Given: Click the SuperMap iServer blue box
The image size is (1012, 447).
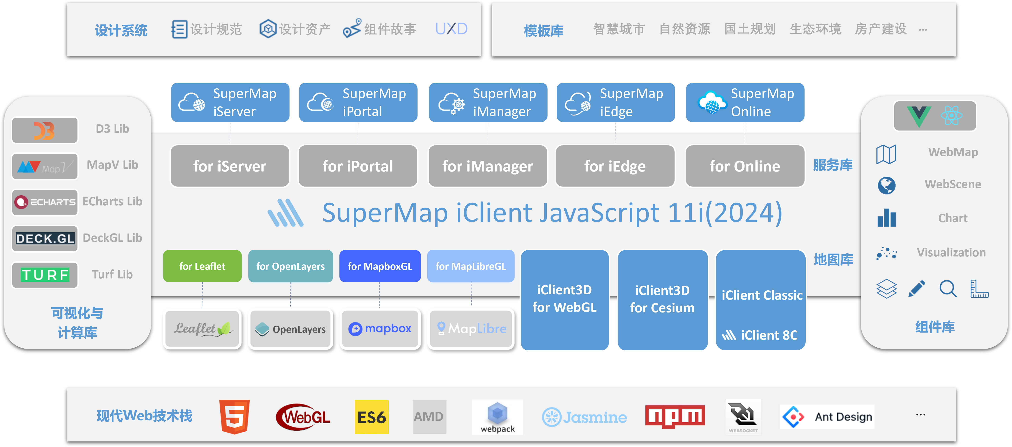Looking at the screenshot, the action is pyautogui.click(x=230, y=103).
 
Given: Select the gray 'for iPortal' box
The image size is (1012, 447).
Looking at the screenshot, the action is pyautogui.click(x=358, y=166).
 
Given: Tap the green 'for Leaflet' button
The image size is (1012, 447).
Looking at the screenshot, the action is pyautogui.click(x=202, y=266).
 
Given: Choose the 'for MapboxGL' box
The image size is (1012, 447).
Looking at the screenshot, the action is pyautogui.click(x=380, y=266).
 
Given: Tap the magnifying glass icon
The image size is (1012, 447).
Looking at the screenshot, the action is pyautogui.click(x=948, y=289).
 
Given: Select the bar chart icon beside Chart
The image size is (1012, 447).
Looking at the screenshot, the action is pyautogui.click(x=887, y=218).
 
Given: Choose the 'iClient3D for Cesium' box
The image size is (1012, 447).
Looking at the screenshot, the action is pyautogui.click(x=662, y=300).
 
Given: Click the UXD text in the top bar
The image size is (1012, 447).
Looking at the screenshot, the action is pyautogui.click(x=451, y=29).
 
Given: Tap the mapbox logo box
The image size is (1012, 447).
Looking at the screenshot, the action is pyautogui.click(x=380, y=329).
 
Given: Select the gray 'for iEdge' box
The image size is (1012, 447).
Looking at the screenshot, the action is pyautogui.click(x=615, y=166).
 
